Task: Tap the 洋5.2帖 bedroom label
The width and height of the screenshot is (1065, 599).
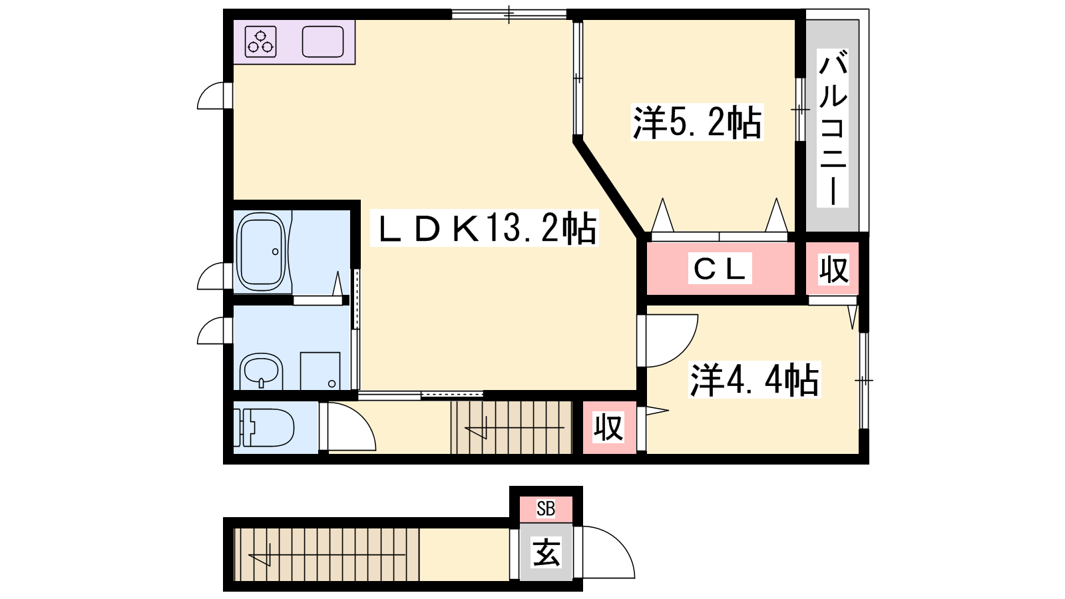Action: (698, 122)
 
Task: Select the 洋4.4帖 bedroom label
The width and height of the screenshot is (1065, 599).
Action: (755, 380)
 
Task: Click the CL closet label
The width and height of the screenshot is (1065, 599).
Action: (720, 269)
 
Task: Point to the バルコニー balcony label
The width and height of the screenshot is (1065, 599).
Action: (833, 128)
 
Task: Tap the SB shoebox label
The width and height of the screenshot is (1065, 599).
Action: (546, 508)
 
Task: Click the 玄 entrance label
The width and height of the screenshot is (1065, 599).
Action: (546, 552)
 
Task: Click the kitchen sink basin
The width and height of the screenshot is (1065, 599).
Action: (323, 41)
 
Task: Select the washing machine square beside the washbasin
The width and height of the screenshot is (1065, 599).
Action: (320, 371)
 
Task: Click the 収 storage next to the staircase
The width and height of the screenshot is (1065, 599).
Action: (608, 427)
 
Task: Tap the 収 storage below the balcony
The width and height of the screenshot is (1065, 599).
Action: (833, 269)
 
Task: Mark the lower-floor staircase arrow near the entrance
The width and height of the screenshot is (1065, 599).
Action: (327, 554)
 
